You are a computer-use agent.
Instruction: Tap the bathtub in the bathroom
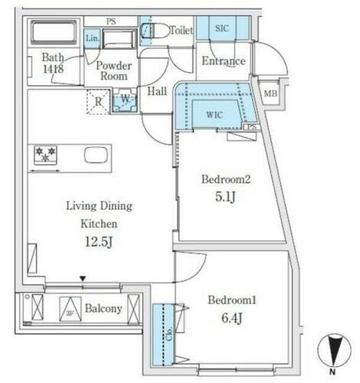click(x=53, y=33)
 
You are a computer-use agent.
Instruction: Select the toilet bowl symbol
click(x=154, y=31)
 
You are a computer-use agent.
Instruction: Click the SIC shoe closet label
click(x=222, y=28)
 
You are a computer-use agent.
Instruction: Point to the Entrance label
click(x=223, y=61)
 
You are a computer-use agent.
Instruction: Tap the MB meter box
click(x=270, y=93)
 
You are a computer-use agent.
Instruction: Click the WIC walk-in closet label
click(x=215, y=115)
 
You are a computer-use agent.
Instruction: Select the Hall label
click(x=157, y=92)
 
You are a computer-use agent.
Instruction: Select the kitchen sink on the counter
click(x=96, y=155)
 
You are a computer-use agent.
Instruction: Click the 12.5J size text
click(x=99, y=244)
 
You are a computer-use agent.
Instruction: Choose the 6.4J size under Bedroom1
click(x=231, y=317)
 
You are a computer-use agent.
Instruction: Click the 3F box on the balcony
click(x=71, y=309)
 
